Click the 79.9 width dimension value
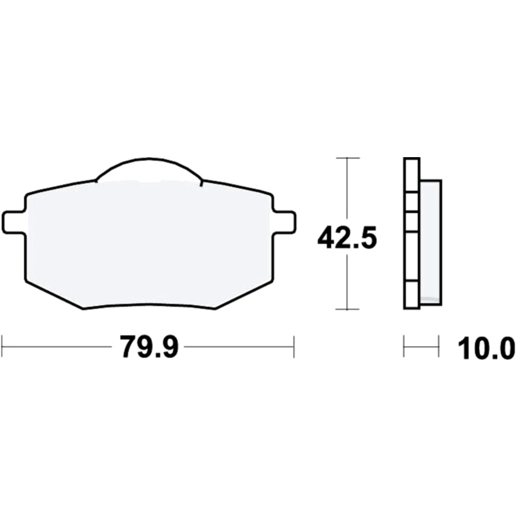point(149,346)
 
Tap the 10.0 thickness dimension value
point(486,348)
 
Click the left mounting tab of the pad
point(13,222)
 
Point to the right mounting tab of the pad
point(284,222)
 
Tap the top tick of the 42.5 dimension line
point(347,158)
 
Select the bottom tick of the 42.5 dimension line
point(347,309)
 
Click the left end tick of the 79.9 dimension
point(2,346)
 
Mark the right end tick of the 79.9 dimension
point(294,346)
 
